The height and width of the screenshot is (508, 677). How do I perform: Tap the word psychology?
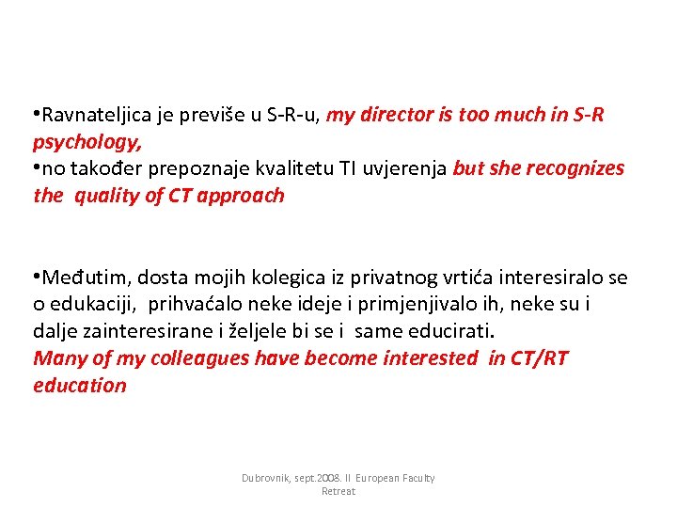(87, 143)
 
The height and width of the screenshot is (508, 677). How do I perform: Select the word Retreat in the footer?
(338, 491)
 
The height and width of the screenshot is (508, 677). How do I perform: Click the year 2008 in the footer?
(329, 478)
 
